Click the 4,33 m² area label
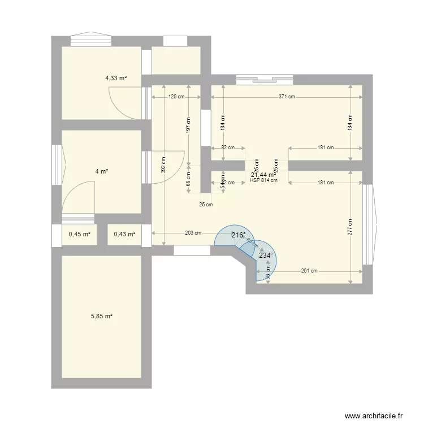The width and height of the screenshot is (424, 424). point(116,78)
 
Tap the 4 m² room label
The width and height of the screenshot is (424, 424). point(102,171)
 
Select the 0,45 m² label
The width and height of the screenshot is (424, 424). point(80,234)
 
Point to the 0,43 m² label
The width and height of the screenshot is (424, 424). point(124,234)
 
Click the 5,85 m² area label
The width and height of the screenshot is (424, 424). point(102,317)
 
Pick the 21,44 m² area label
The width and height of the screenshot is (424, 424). point(263,175)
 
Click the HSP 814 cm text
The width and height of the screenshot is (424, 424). point(263,181)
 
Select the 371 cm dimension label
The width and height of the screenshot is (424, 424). point(287,97)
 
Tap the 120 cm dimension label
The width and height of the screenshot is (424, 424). point(176,97)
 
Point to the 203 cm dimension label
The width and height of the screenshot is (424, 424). point(193,233)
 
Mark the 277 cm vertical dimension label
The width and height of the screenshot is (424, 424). point(351,227)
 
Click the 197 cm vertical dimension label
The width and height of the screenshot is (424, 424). point(189,126)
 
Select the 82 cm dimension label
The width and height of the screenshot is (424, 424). point(228,148)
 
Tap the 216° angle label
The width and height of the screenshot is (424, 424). point(238,235)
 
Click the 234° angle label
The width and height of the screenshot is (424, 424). point(266,256)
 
